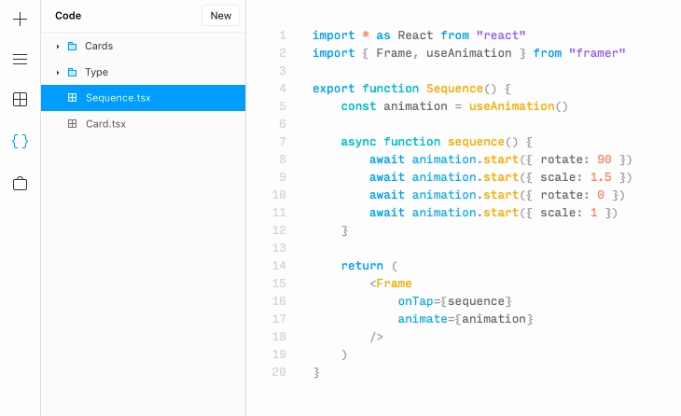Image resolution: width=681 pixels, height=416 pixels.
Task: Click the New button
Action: [x=221, y=16]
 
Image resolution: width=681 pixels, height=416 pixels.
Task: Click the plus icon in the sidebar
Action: [x=20, y=19]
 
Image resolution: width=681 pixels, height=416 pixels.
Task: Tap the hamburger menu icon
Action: [x=20, y=60]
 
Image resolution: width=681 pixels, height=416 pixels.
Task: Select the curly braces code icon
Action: [x=20, y=142]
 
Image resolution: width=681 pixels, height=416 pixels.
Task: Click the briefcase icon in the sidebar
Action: [x=20, y=183]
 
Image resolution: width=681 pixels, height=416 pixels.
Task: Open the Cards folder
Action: [x=98, y=46]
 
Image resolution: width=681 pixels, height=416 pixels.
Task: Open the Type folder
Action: [x=96, y=72]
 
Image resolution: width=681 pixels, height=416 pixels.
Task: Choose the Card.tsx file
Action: [x=105, y=124]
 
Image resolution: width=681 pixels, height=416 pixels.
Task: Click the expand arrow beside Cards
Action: [x=58, y=46]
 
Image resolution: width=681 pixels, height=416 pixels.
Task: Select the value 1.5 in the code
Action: [x=601, y=177]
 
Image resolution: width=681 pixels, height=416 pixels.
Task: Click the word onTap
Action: [x=416, y=301]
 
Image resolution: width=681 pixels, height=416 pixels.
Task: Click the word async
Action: [x=358, y=142]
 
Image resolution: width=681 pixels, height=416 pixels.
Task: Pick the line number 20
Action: [x=279, y=372]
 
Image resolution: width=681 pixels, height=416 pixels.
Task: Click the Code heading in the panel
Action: [x=68, y=16]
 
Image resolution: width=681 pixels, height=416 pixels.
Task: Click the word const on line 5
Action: [x=358, y=106]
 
